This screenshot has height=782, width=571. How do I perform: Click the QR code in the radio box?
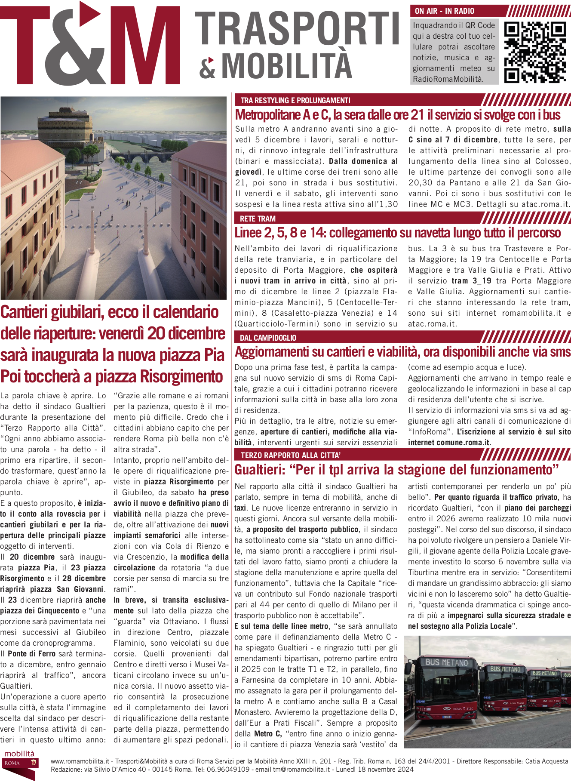click(x=535, y=52)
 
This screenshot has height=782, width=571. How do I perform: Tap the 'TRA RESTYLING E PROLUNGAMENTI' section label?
click(x=295, y=101)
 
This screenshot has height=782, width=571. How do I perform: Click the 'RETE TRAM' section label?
click(x=258, y=219)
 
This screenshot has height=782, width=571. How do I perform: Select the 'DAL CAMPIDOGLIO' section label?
click(x=268, y=338)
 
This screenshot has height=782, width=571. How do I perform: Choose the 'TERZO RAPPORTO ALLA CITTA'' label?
click(x=291, y=455)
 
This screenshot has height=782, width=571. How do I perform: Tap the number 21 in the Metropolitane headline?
click(x=417, y=115)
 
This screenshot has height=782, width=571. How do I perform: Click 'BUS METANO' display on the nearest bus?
click(x=446, y=662)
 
